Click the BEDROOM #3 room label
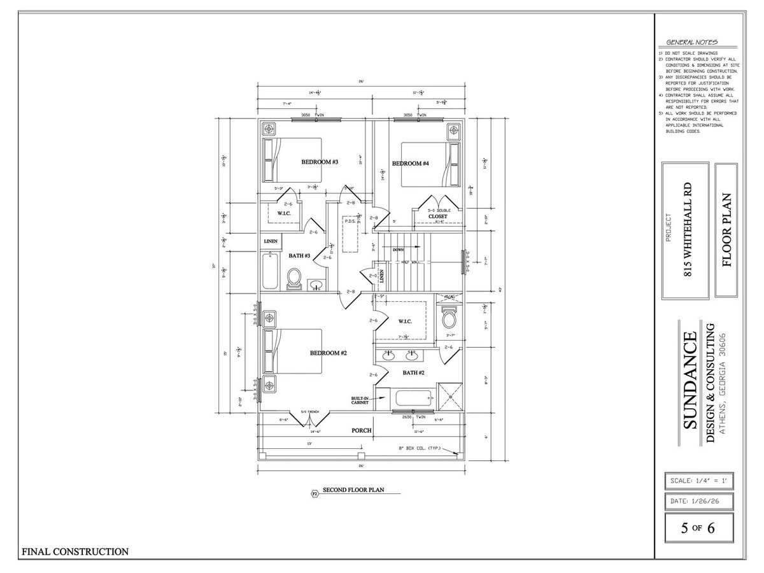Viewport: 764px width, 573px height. tap(319, 162)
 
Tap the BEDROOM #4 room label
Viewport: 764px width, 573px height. tap(410, 164)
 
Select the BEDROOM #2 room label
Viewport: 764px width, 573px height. tap(328, 353)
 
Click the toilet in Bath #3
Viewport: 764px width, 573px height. tap(294, 278)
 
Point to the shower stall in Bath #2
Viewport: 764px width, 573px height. tap(451, 399)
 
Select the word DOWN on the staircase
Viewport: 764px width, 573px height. tap(398, 250)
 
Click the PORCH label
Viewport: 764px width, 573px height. tap(362, 430)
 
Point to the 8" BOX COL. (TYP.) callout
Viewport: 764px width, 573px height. tap(423, 448)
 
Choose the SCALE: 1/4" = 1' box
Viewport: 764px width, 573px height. tap(698, 479)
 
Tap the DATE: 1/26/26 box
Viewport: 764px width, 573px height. tap(698, 501)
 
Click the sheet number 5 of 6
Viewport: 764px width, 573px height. tap(698, 528)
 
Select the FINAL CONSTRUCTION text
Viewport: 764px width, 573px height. tap(75, 551)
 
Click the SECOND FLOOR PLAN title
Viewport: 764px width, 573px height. tap(351, 490)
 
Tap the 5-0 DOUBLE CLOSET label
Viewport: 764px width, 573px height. tap(438, 213)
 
